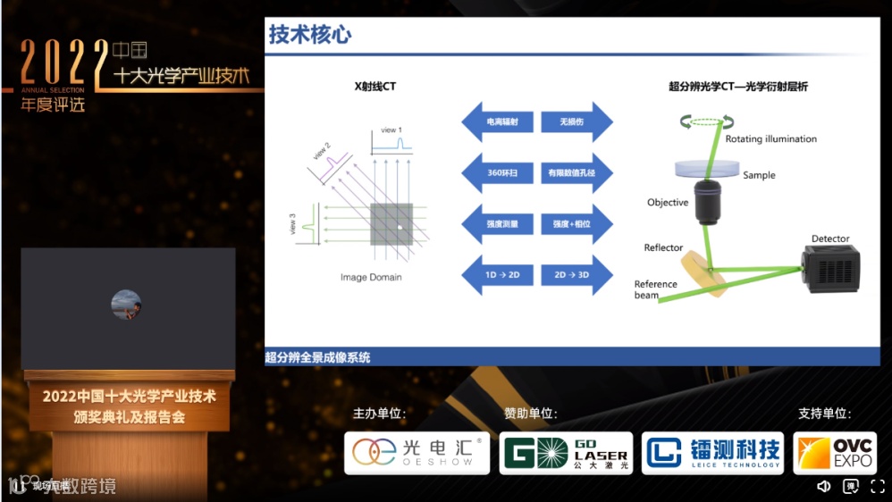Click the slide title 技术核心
pyautogui.click(x=310, y=35)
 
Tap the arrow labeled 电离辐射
pyautogui.click(x=498, y=121)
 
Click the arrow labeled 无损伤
pyautogui.click(x=576, y=121)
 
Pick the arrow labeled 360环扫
pyautogui.click(x=498, y=172)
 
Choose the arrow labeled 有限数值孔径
pyautogui.click(x=576, y=172)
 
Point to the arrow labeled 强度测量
pyautogui.click(x=498, y=223)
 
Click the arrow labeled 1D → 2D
pyautogui.click(x=498, y=274)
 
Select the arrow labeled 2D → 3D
pyautogui.click(x=576, y=274)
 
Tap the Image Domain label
pyautogui.click(x=371, y=277)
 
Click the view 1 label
pyautogui.click(x=391, y=130)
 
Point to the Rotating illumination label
pyautogui.click(x=770, y=139)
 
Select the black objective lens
pyautogui.click(x=711, y=204)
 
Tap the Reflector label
pyautogui.click(x=663, y=247)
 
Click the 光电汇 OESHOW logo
pyautogui.click(x=417, y=453)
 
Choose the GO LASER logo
pyautogui.click(x=566, y=453)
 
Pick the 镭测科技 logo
pyautogui.click(x=712, y=453)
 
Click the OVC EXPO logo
pyautogui.click(x=835, y=453)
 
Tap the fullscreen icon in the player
pyautogui.click(x=877, y=486)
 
